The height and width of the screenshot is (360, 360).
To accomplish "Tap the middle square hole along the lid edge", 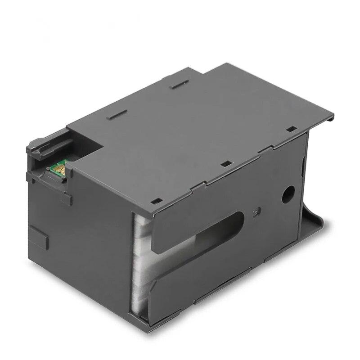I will [224, 164].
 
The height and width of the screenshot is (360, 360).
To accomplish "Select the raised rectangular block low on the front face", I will [38, 237].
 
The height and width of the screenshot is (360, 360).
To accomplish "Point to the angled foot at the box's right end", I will [315, 225].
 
